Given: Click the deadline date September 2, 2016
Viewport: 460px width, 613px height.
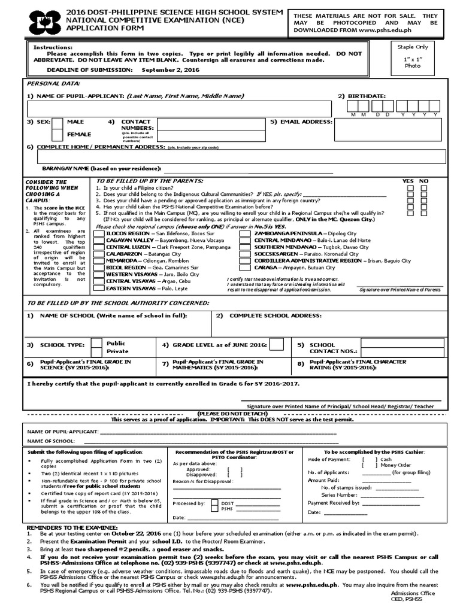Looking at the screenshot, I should [168, 69].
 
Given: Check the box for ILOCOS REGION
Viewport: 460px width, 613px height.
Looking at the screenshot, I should [98, 233].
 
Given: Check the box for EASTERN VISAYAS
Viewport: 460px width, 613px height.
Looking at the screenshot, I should [98, 288].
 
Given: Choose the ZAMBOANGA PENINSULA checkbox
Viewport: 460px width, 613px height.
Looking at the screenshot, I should [245, 233].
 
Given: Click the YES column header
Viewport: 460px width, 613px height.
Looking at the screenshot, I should [408, 181].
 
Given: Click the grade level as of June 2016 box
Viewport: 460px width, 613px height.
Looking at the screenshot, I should [277, 344].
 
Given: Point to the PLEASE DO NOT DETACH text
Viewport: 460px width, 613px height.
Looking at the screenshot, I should [231, 414].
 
